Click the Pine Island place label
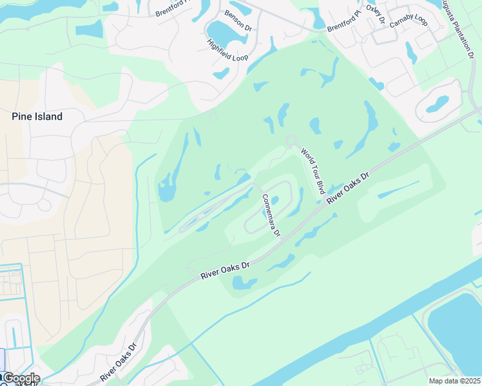[37, 116]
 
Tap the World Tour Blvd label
[312, 170]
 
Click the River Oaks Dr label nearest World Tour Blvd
[348, 187]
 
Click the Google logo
[21, 378]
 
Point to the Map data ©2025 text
[454, 381]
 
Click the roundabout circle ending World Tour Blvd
[291, 140]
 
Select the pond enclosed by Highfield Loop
[223, 32]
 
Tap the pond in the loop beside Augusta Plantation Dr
[438, 103]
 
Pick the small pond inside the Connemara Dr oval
[275, 200]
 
